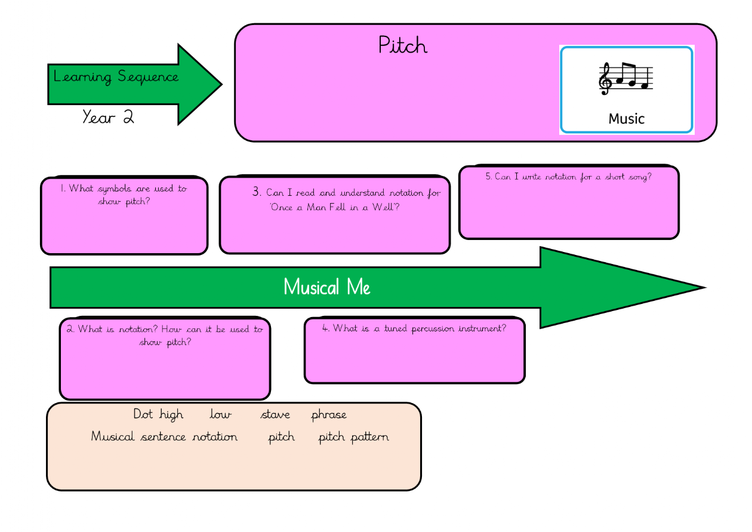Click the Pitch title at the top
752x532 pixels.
coord(403,45)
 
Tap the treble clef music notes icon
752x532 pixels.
coord(626,78)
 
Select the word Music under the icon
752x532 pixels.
coord(626,119)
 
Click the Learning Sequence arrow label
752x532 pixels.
coord(116,77)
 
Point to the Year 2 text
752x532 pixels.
coord(108,116)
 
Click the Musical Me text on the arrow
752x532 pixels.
coord(326,287)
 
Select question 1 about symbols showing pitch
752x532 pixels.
coord(124,195)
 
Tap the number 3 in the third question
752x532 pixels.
coord(257,192)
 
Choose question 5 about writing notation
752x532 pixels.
coord(568,177)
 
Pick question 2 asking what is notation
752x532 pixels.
coord(164,336)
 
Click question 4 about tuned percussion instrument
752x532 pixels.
coord(414,328)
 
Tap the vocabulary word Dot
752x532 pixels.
coord(143,414)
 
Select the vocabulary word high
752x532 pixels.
coord(171,415)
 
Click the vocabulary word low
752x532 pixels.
coord(220,415)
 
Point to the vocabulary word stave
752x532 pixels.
coord(275,415)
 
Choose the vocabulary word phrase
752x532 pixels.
coord(328,415)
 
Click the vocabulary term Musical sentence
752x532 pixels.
coord(138,437)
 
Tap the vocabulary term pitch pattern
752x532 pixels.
coord(353,437)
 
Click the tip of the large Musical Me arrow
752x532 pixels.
coord(703,288)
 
